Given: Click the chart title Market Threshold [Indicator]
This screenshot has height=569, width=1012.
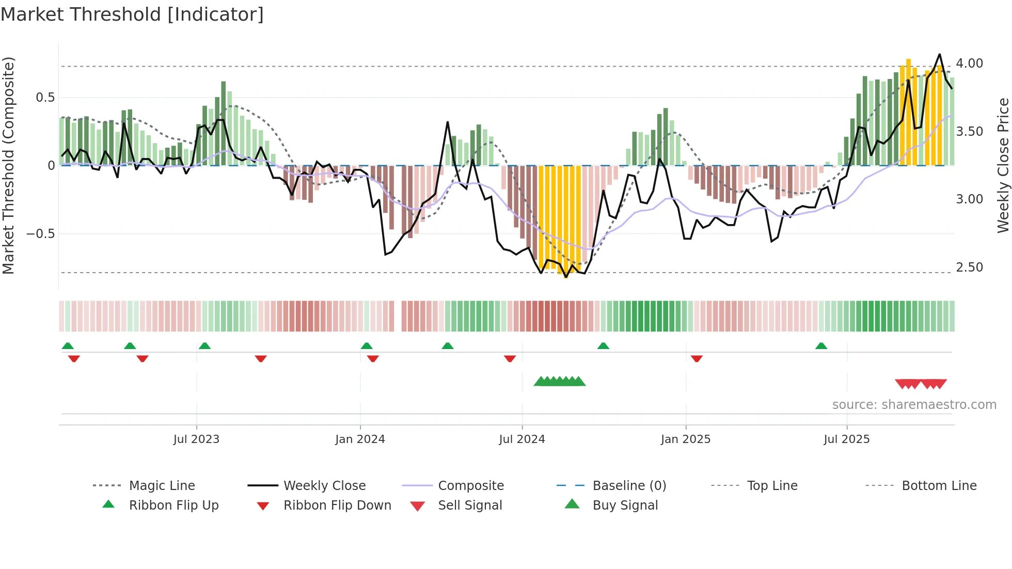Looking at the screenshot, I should tap(132, 14).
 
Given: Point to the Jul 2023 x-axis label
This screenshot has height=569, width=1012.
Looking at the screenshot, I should tap(196, 439).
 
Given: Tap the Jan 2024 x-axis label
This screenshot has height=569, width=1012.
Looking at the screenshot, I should tap(360, 439).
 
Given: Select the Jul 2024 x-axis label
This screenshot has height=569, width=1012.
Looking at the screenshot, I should tap(521, 439).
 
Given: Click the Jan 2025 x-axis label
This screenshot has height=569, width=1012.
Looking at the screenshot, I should tap(685, 439).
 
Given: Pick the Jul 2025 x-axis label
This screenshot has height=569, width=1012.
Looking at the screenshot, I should tap(846, 439).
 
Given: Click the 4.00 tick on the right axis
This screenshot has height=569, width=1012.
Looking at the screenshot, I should tap(969, 64).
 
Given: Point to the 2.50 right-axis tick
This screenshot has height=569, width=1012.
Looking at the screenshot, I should tap(969, 267).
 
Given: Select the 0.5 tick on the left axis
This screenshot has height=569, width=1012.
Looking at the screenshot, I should tap(45, 98).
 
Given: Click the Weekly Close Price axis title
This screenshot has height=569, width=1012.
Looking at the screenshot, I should tap(1003, 165).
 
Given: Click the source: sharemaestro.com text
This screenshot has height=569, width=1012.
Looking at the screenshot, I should tap(914, 405).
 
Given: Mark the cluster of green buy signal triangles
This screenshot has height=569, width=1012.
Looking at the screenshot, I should tap(560, 382).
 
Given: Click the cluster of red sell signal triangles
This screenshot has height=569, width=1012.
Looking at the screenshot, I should tap(921, 384).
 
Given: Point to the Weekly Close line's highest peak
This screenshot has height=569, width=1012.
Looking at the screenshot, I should tap(939, 55).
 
